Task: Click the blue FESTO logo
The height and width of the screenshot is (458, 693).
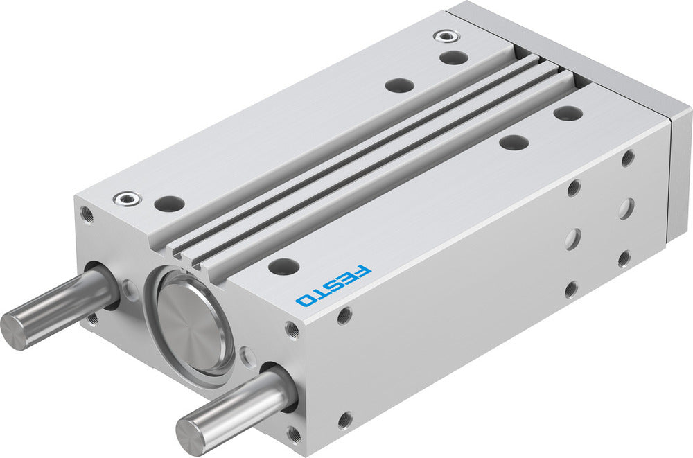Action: (x=333, y=285)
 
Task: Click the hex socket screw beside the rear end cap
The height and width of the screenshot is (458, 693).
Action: (x=442, y=35)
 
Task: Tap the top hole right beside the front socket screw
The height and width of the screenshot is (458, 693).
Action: (x=169, y=204)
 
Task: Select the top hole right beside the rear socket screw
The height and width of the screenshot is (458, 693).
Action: (x=453, y=58)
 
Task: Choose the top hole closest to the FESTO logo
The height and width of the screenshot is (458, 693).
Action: (x=283, y=266)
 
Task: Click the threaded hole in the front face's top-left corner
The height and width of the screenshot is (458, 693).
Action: (x=85, y=213)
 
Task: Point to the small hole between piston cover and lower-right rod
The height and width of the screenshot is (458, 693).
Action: (x=246, y=358)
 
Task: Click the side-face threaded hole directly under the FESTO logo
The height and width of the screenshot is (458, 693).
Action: (x=344, y=316)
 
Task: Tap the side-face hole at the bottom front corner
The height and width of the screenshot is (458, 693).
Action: (x=344, y=419)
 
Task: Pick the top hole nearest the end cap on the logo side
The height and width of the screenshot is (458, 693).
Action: (x=568, y=113)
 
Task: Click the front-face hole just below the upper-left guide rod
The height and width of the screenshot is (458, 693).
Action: (x=92, y=319)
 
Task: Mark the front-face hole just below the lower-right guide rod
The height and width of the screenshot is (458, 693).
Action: (x=295, y=433)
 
